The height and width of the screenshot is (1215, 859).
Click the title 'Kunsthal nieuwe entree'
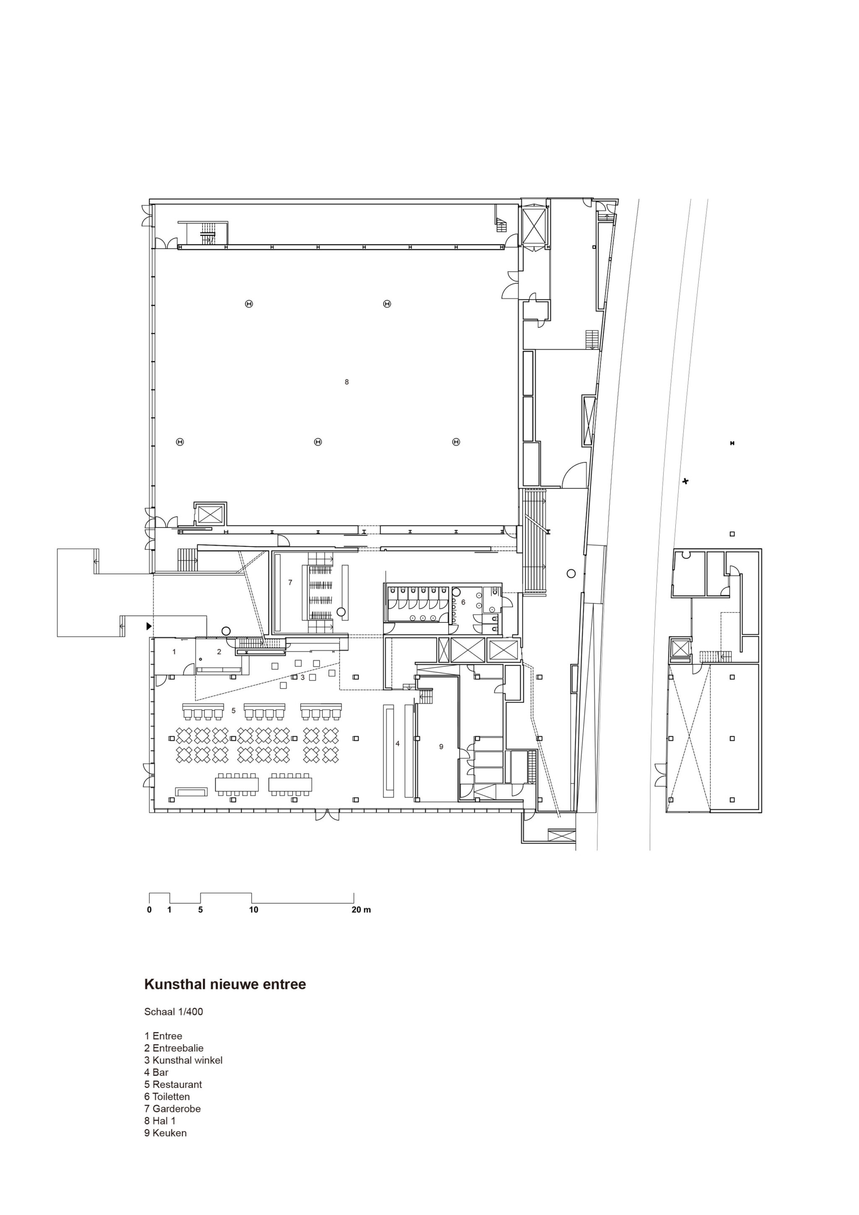[x=225, y=985]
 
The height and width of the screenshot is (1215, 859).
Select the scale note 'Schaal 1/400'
[x=174, y=1012]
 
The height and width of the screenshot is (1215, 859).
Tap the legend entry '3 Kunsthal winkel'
[x=183, y=1060]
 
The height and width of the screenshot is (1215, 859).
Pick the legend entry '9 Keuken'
[x=166, y=1133]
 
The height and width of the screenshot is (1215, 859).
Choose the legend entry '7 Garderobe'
[x=172, y=1108]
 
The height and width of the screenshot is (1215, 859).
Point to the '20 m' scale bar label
[x=362, y=910]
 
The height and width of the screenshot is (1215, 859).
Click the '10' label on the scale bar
[x=253, y=910]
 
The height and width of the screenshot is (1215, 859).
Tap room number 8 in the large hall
[x=347, y=382]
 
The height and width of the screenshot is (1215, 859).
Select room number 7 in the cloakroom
[x=290, y=583]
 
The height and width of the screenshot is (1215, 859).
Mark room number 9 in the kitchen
[x=441, y=747]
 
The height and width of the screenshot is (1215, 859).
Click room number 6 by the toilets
[x=463, y=602]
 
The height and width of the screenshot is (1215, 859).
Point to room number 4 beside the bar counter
[x=398, y=744]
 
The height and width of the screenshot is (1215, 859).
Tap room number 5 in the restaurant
[x=233, y=711]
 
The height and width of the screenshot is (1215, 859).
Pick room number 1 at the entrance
[x=174, y=652]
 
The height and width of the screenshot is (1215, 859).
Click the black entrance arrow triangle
[x=149, y=626]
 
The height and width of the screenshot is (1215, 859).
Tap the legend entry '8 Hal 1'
[x=160, y=1121]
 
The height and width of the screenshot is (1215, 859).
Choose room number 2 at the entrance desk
[x=219, y=652]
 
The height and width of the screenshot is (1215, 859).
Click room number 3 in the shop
[x=303, y=677]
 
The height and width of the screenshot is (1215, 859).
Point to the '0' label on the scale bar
[x=149, y=910]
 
